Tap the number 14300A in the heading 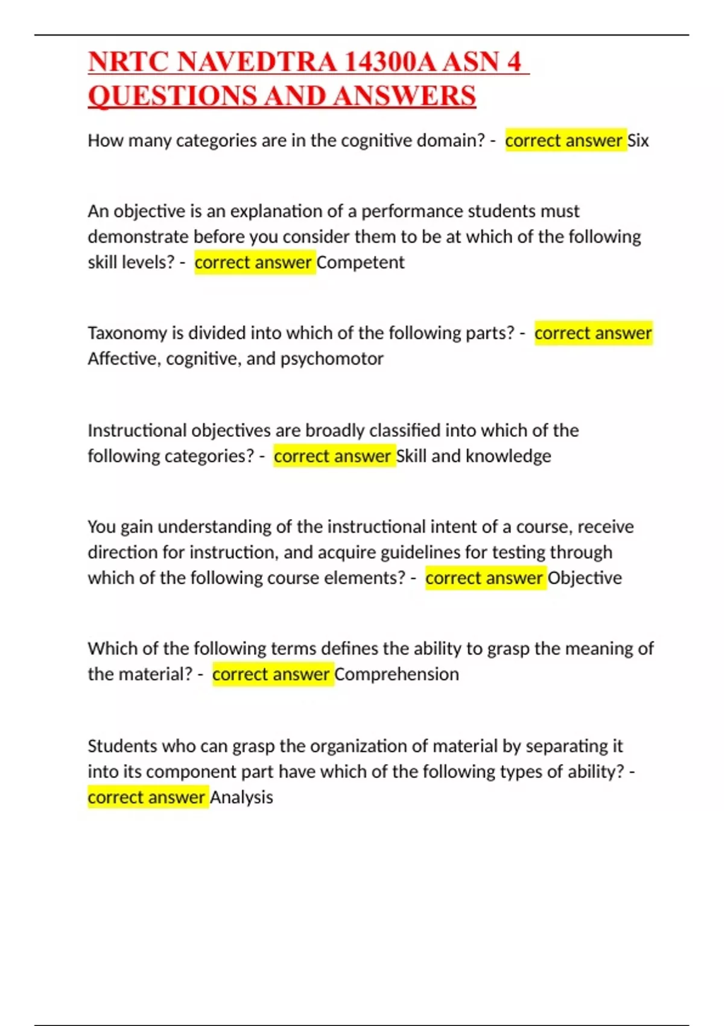click(x=390, y=62)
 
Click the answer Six click(x=638, y=141)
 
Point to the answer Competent click(x=360, y=263)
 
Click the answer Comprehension click(x=396, y=674)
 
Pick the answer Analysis click(x=241, y=797)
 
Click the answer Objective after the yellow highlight click(x=584, y=578)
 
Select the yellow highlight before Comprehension click(x=271, y=674)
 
